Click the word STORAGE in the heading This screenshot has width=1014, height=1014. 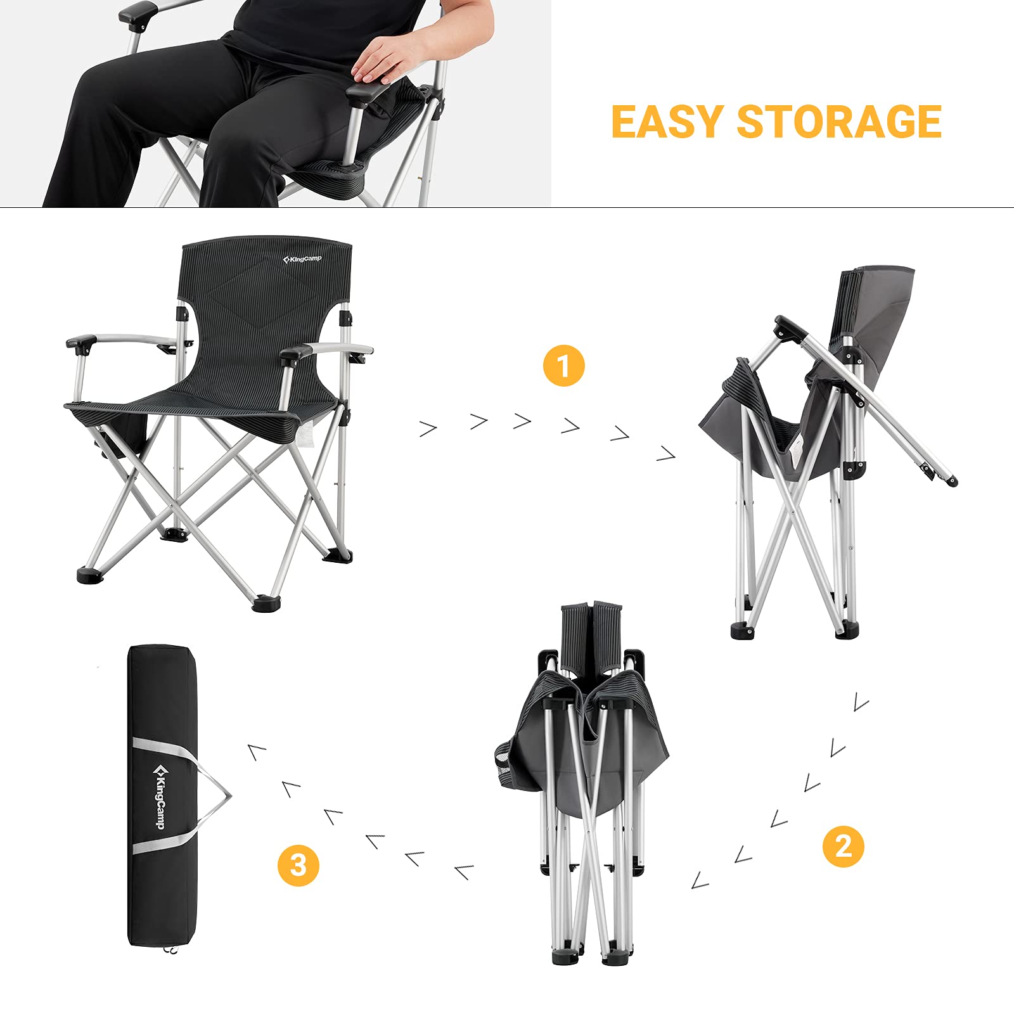(x=839, y=122)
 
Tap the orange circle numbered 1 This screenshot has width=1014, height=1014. (x=563, y=366)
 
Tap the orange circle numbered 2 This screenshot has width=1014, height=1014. (x=843, y=846)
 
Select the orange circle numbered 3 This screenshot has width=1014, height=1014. (x=298, y=865)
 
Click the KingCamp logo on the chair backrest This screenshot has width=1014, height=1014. (x=302, y=259)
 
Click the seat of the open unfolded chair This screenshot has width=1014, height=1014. (x=209, y=406)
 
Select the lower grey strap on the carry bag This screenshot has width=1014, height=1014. (x=162, y=845)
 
